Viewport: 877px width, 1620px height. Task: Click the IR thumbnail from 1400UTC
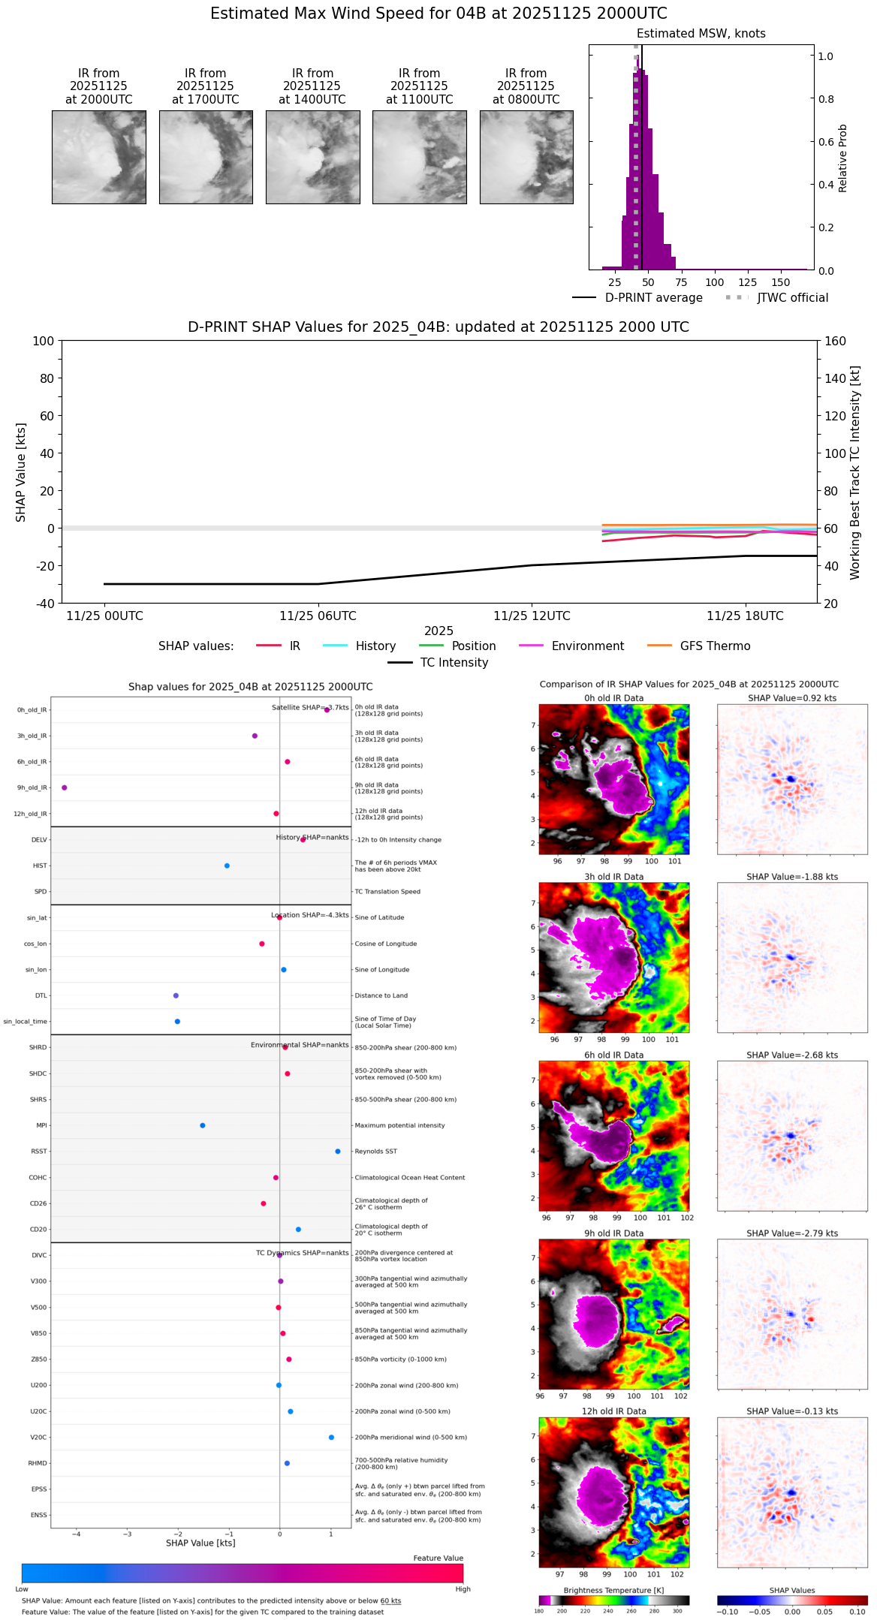click(312, 157)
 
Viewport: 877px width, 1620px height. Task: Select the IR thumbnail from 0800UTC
click(526, 157)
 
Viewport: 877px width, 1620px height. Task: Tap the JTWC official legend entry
click(792, 298)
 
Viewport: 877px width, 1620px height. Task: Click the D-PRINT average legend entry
click(653, 298)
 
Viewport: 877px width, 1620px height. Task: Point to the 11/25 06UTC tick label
click(318, 616)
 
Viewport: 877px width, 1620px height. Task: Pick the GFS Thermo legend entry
click(715, 646)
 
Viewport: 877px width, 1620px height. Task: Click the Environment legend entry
click(587, 646)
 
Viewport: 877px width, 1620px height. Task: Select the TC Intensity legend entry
click(454, 663)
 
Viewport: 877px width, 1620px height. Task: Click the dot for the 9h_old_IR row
click(65, 787)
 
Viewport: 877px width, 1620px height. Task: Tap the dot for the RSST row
click(338, 1152)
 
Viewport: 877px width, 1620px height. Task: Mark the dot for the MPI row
click(203, 1125)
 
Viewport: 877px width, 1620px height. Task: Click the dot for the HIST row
click(227, 866)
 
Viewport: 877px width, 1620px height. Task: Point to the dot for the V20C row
click(331, 1438)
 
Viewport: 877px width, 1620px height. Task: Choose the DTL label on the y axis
click(41, 995)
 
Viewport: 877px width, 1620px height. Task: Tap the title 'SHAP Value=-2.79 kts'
click(792, 1233)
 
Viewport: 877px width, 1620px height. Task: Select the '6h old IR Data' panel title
click(613, 1055)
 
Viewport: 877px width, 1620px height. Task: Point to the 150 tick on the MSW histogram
click(781, 283)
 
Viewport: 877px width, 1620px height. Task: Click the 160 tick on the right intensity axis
click(836, 342)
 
